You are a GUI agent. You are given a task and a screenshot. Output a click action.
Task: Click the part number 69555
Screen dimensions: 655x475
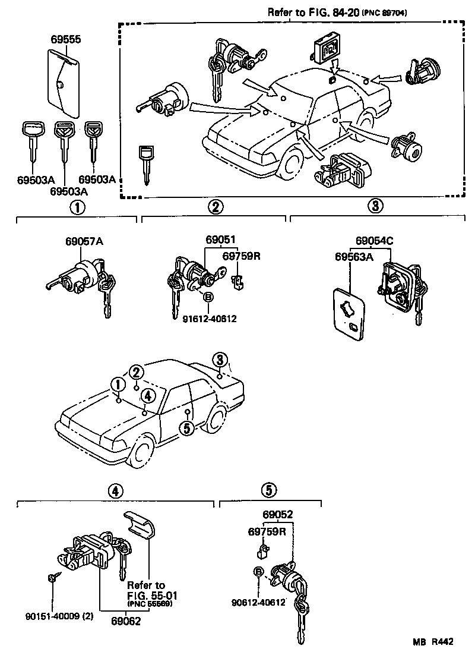click(65, 40)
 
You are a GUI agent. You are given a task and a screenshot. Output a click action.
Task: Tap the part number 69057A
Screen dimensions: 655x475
click(84, 242)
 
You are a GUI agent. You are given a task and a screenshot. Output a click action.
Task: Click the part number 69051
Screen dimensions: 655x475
click(221, 240)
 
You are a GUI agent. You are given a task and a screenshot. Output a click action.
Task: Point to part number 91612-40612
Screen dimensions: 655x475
click(210, 319)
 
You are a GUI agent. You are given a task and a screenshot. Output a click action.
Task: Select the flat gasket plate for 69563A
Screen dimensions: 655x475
click(348, 315)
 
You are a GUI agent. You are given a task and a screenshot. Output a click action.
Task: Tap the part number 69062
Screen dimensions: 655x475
click(126, 621)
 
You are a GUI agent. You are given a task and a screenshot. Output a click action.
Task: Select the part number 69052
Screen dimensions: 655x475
click(278, 515)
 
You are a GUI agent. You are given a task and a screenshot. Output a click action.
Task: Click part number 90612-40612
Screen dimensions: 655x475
click(259, 602)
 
